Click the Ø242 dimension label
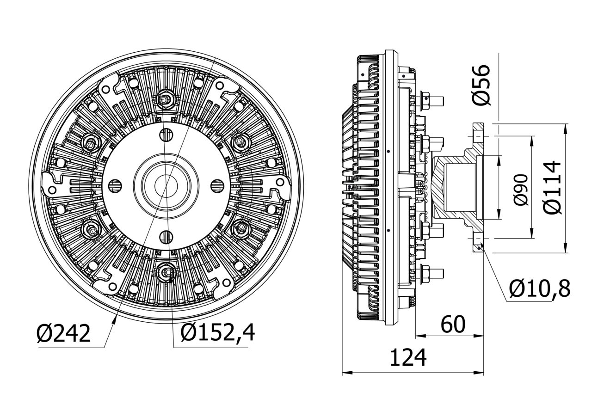click(64, 334)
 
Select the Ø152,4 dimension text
click(217, 333)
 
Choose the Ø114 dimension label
click(553, 187)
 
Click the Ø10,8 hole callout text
click(539, 289)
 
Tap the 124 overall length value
click(407, 358)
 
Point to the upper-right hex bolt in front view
click(240, 141)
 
